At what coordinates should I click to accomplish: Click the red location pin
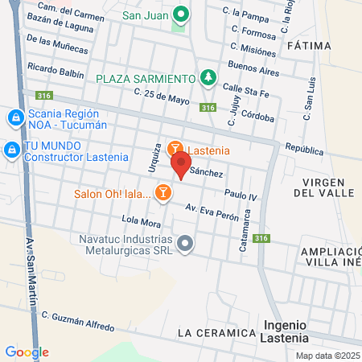point(180,166)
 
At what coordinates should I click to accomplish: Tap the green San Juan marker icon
point(182,14)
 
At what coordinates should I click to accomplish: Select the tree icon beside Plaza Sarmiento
point(208,77)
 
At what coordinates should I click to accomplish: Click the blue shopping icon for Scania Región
point(14,118)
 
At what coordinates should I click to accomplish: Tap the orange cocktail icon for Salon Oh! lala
point(163,191)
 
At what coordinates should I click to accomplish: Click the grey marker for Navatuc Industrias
point(186,243)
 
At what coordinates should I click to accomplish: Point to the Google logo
point(27,352)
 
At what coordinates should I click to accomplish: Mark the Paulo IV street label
point(241,195)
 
